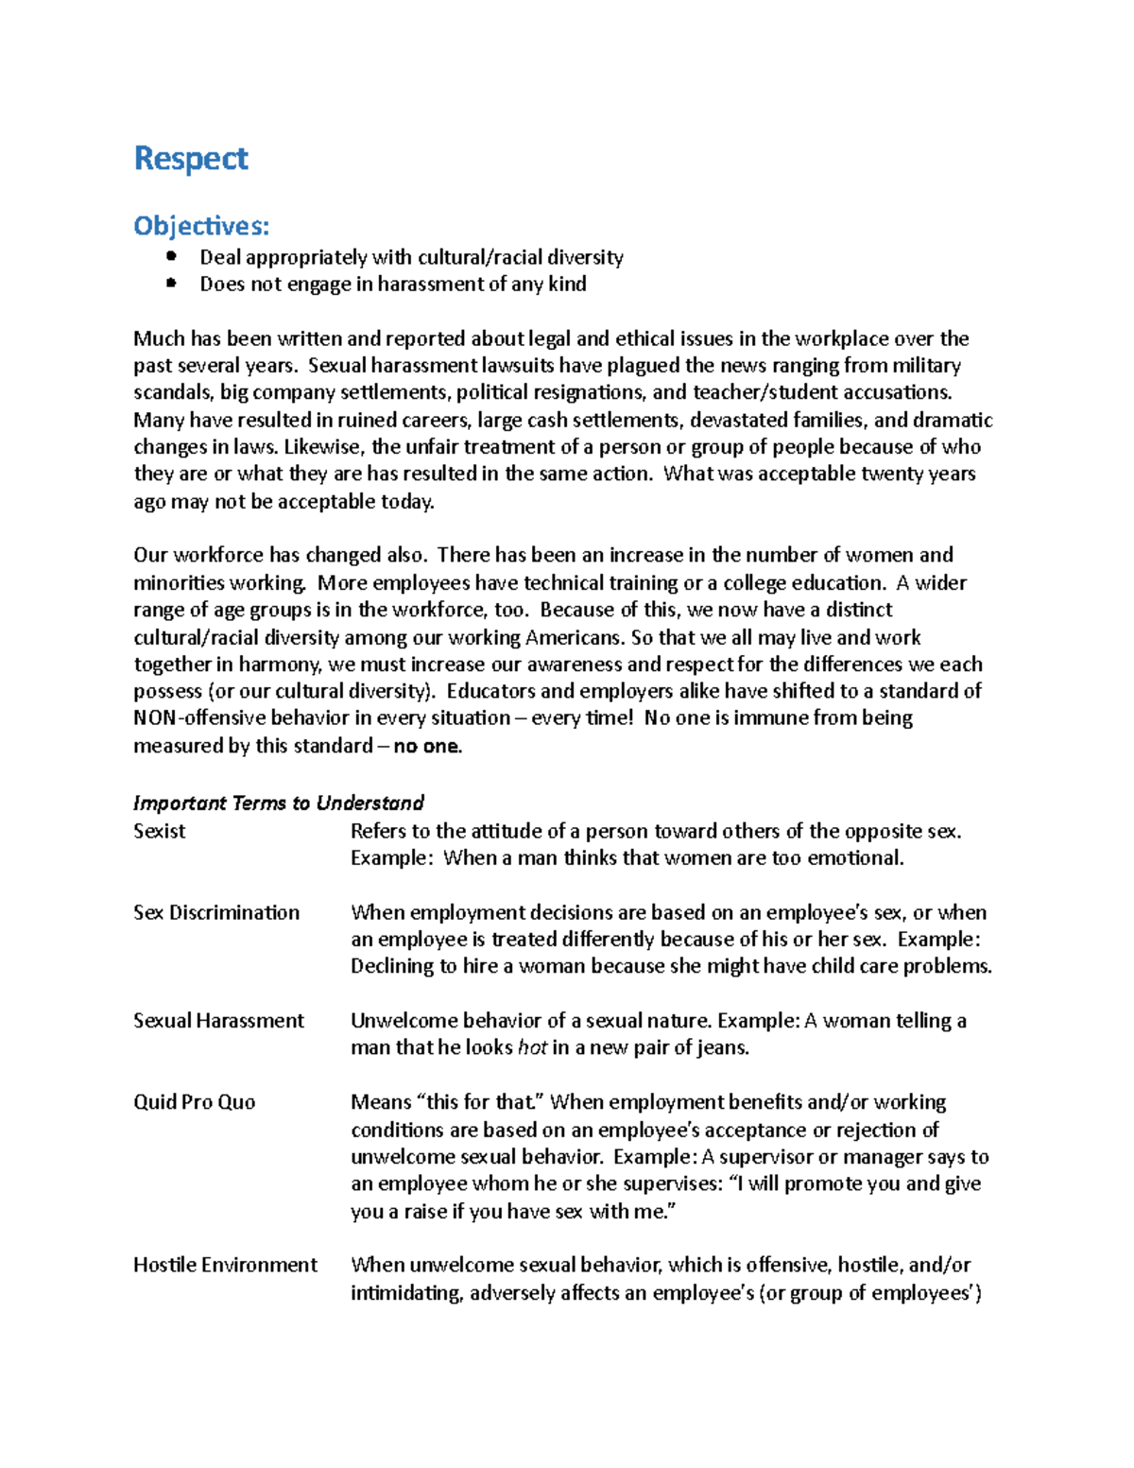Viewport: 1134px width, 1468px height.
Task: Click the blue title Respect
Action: (190, 159)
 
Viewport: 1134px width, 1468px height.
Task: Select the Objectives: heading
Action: (200, 226)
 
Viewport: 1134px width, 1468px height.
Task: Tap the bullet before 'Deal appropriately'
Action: (170, 256)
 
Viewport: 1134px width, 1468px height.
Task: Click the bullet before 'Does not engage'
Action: (170, 283)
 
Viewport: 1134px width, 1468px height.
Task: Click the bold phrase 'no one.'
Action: (427, 746)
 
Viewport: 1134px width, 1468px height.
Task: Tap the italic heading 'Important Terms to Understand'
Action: (278, 803)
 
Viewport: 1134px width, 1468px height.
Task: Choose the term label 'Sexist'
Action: (159, 831)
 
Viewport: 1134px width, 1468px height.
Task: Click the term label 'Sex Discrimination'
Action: (216, 912)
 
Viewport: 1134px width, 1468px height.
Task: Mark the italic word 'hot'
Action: (532, 1047)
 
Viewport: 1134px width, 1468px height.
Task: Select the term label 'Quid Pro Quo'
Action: (194, 1102)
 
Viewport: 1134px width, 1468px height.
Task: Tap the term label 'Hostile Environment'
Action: (225, 1265)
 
